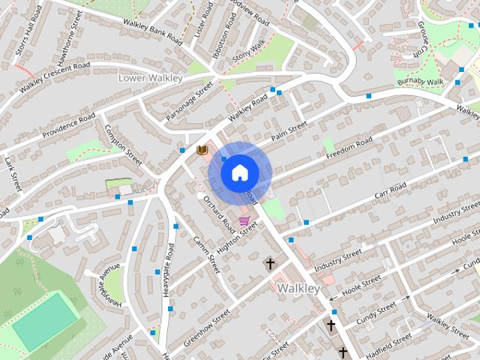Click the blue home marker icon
[x=239, y=172]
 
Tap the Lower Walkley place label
[x=150, y=78]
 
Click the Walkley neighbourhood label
[x=298, y=288]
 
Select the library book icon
[x=201, y=150]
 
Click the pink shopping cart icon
[x=244, y=220]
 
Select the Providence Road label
[x=69, y=126]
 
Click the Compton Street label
[x=123, y=145]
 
